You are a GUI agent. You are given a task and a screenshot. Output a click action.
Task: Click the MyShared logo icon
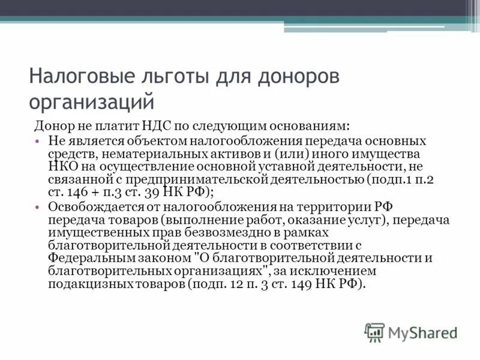(x=375, y=332)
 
